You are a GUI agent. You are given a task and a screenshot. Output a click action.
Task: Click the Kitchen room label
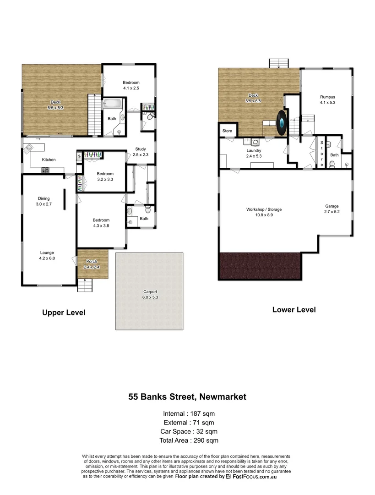(49, 159)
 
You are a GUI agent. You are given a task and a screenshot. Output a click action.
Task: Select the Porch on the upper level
(93, 264)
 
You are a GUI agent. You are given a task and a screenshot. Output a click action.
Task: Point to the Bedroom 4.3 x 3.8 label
(101, 223)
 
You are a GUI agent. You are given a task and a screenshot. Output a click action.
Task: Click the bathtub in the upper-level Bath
(113, 104)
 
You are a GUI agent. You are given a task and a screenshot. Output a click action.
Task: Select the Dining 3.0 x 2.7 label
(44, 201)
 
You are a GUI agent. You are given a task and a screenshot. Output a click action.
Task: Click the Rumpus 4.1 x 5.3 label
(327, 100)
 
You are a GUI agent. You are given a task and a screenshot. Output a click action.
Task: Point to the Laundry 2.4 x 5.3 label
(254, 153)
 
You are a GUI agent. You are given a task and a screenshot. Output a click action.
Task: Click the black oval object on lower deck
(282, 123)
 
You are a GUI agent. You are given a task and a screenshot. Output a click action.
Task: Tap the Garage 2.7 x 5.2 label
(332, 209)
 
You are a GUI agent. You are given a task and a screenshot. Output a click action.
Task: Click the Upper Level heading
(64, 313)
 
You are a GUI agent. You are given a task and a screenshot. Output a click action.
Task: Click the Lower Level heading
(293, 309)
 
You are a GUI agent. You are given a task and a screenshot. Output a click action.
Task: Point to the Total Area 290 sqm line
(189, 440)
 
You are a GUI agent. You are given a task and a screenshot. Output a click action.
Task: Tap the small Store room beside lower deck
(228, 131)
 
